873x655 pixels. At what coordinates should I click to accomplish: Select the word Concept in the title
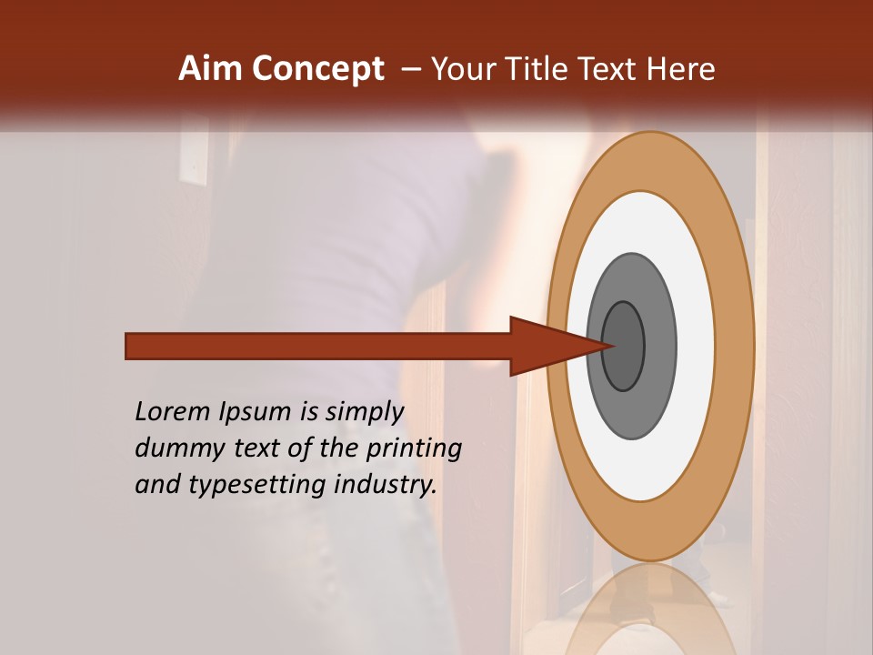coord(317,69)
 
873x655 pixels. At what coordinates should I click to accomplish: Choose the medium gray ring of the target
coord(660,346)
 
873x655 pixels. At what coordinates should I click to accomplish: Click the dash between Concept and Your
coord(411,69)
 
